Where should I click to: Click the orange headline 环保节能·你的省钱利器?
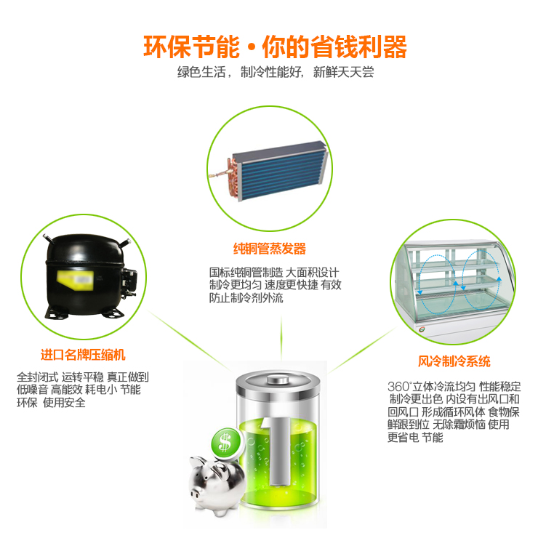click(275, 47)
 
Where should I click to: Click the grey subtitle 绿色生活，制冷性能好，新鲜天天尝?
click(276, 72)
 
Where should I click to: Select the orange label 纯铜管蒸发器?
click(269, 249)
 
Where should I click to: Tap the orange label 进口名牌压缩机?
click(83, 355)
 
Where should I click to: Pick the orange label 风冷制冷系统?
click(454, 361)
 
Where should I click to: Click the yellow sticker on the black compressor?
click(75, 280)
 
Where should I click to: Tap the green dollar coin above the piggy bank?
click(225, 442)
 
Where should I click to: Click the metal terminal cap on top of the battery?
click(278, 380)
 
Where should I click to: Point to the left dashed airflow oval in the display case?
click(437, 284)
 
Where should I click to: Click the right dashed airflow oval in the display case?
click(481, 280)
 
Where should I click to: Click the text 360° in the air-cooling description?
click(399, 387)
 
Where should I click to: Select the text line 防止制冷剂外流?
click(246, 297)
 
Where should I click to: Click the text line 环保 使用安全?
click(51, 402)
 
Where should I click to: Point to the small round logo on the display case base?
click(422, 329)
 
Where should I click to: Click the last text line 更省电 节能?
click(415, 438)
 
